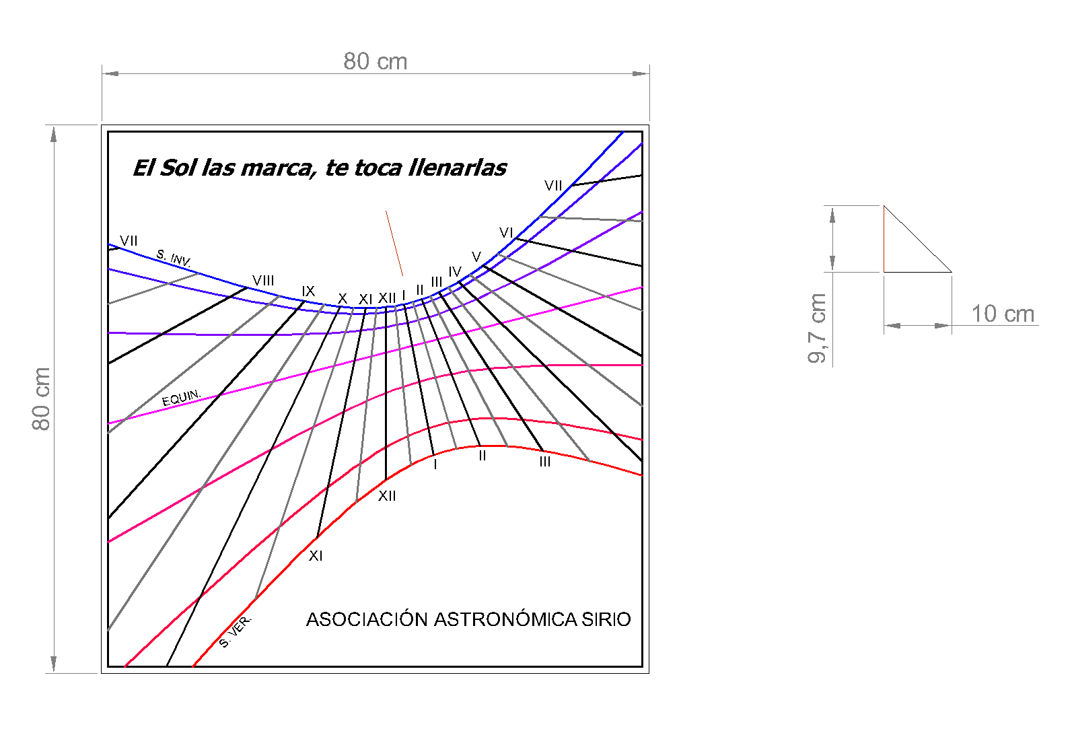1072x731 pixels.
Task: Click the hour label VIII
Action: pyautogui.click(x=263, y=281)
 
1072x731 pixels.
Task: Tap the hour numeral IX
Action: pyautogui.click(x=308, y=291)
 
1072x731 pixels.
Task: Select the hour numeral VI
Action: pyautogui.click(x=506, y=233)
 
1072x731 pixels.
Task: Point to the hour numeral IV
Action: pyautogui.click(x=455, y=272)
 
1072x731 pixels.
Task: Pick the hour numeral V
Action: pyautogui.click(x=476, y=257)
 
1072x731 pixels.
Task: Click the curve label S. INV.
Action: pyautogui.click(x=174, y=258)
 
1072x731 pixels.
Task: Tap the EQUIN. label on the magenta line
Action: pyautogui.click(x=181, y=398)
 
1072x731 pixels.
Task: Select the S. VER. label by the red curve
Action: pyautogui.click(x=236, y=631)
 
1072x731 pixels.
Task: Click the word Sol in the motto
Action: pyautogui.click(x=178, y=168)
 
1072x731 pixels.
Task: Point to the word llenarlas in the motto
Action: pyautogui.click(x=458, y=168)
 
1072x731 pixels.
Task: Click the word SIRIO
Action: pyautogui.click(x=606, y=619)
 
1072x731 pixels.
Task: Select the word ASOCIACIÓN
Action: pyautogui.click(x=367, y=619)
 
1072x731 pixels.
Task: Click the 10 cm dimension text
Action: pyautogui.click(x=1003, y=314)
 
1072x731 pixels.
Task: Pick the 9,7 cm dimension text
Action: pyautogui.click(x=817, y=328)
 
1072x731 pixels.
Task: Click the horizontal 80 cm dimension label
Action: pyautogui.click(x=376, y=61)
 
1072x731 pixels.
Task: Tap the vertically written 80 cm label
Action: pyautogui.click(x=41, y=398)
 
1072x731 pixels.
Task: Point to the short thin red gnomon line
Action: pyautogui.click(x=394, y=243)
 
